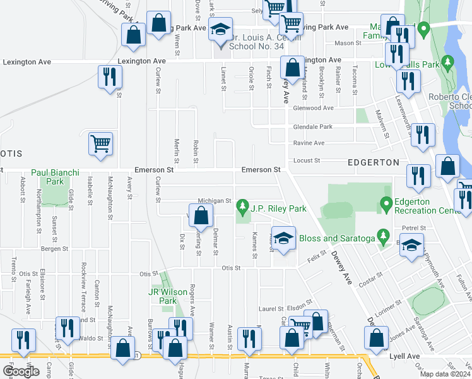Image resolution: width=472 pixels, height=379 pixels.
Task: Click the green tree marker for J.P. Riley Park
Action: click(241, 207)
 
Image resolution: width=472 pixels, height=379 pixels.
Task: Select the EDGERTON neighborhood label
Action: click(374, 162)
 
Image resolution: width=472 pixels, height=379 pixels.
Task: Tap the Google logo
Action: click(21, 371)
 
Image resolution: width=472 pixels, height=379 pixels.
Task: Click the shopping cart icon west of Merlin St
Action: click(101, 143)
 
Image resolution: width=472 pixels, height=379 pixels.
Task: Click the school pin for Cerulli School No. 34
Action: click(220, 31)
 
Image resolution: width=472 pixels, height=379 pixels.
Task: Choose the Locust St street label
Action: click(307, 160)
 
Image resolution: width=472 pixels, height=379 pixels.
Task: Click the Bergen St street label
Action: click(54, 249)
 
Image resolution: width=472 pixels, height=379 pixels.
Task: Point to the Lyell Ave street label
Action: click(404, 356)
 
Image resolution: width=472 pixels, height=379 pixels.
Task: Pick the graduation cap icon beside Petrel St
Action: click(411, 246)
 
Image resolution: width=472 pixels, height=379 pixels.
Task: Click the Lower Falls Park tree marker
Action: click(448, 62)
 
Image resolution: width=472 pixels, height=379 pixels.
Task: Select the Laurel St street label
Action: click(270, 309)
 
